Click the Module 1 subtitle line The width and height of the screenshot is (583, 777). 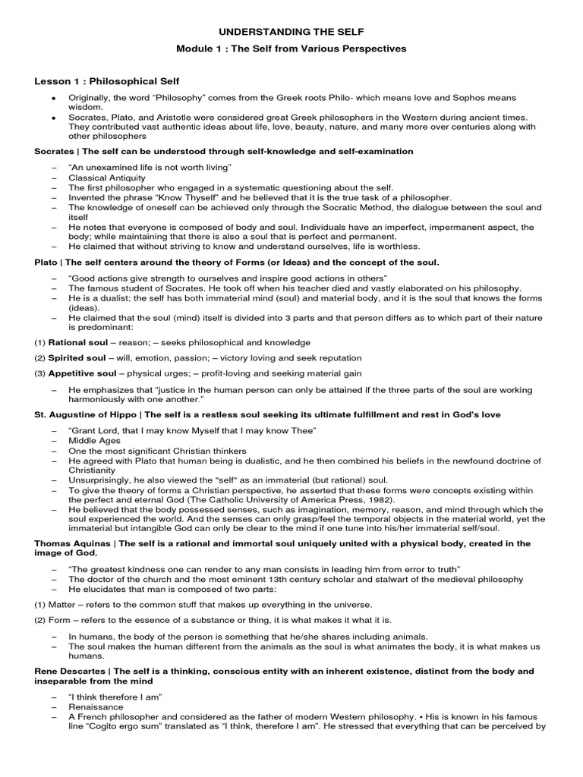pyautogui.click(x=291, y=49)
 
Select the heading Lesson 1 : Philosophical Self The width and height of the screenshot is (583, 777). pyautogui.click(x=106, y=81)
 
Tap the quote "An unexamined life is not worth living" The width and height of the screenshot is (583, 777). pyautogui.click(x=150, y=167)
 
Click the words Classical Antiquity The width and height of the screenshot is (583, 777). pyautogui.click(x=107, y=177)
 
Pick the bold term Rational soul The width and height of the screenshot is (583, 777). pyautogui.click(x=78, y=343)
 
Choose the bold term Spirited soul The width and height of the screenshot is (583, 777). pyautogui.click(x=77, y=358)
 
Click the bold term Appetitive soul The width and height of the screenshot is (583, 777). pyautogui.click(x=82, y=373)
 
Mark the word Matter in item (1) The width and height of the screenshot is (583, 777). pyautogui.click(x=63, y=605)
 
